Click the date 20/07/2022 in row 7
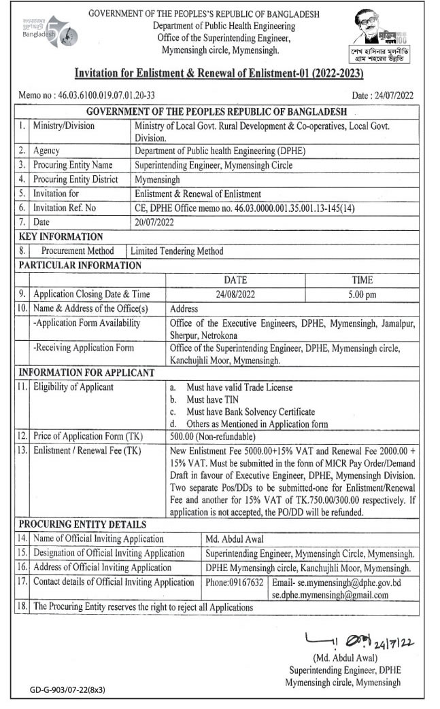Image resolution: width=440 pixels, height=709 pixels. (154, 222)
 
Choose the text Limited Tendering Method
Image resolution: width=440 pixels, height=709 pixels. (177, 251)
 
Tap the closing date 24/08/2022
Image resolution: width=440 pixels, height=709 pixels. (235, 294)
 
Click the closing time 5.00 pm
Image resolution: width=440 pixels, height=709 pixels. (362, 294)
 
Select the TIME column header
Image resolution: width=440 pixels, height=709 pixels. (362, 280)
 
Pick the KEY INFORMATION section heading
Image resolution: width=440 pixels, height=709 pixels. (61, 236)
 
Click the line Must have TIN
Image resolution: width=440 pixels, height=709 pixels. (212, 399)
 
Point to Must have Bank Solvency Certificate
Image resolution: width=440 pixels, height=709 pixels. (250, 412)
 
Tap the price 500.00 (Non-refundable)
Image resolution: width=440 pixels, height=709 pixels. (213, 436)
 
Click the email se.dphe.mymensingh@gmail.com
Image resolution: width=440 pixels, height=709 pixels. (330, 595)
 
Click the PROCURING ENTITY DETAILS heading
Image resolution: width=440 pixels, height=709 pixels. (82, 524)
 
